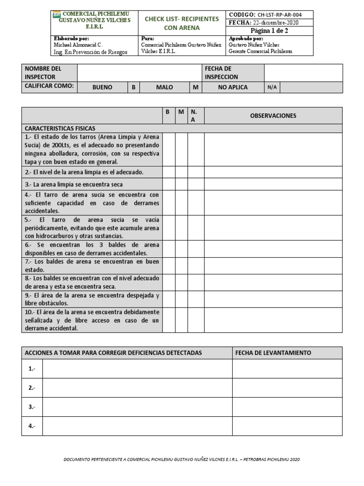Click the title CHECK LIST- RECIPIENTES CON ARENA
tap(182, 23)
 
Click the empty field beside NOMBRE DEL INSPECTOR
tap(139, 73)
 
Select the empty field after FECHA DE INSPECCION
tap(303, 73)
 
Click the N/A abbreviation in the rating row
tap(272, 87)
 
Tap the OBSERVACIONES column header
tap(273, 116)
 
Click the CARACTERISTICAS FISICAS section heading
tap(60, 128)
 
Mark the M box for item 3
tap(181, 184)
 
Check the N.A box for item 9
tap(195, 299)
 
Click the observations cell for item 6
tap(273, 249)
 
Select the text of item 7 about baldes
tap(91, 265)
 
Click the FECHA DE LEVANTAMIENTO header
tap(273, 353)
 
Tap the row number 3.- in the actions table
tap(32, 407)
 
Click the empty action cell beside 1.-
tap(137, 369)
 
